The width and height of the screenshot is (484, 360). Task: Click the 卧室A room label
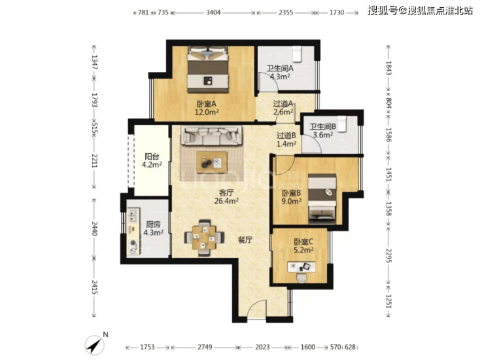pos(207,104)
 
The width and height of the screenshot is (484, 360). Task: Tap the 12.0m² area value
pos(207,112)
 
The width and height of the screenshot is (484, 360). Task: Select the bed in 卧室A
pos(208,69)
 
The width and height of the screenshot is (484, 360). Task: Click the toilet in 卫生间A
pos(297,54)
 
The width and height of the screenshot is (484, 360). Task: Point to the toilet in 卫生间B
pos(341,124)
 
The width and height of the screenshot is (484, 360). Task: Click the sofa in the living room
pos(211,135)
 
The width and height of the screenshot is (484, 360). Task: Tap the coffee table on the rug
pos(212,162)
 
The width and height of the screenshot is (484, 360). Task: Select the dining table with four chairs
pos(204,238)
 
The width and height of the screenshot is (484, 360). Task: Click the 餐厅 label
pos(245,240)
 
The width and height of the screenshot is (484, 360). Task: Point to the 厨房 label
pos(153,225)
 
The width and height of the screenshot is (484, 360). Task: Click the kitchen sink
pos(133,215)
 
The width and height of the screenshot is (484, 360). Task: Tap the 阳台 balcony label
pos(152,156)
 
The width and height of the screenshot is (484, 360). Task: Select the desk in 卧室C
pos(302,267)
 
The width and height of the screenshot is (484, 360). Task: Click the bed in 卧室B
pos(322,199)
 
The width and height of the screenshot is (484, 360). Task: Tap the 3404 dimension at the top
pos(213,12)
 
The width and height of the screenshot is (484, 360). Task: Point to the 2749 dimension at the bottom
pos(205,347)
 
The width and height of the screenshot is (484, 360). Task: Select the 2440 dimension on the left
pos(94,228)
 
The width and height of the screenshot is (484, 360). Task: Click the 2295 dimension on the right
pos(389,255)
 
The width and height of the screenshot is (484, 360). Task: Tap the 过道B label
pos(286,135)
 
